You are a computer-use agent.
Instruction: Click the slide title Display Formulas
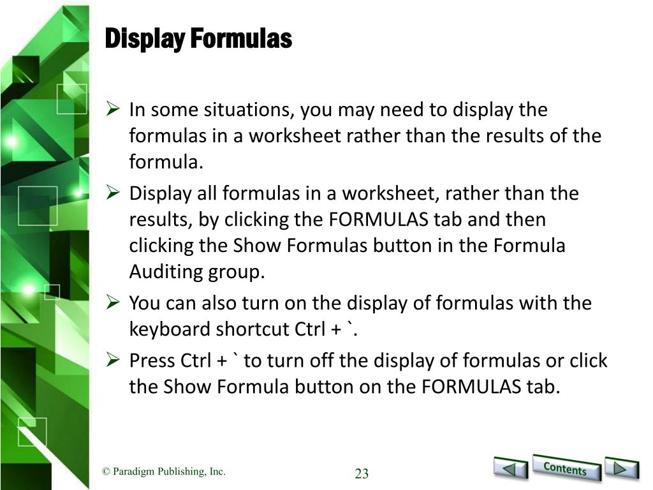[198, 38]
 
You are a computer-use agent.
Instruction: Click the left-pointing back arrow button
[511, 468]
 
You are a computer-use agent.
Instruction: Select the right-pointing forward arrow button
[621, 468]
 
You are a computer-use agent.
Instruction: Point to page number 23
[362, 473]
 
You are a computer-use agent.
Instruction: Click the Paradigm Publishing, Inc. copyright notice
[164, 471]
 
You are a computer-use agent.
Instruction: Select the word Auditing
[166, 272]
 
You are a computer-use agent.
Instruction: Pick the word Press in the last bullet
[149, 360]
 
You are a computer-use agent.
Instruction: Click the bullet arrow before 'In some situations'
[113, 108]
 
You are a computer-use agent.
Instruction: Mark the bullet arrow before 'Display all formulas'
[113, 193]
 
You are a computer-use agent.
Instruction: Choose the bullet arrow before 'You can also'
[113, 302]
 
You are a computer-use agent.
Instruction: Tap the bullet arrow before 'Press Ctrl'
[113, 360]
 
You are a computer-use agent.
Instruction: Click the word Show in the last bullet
[187, 387]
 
